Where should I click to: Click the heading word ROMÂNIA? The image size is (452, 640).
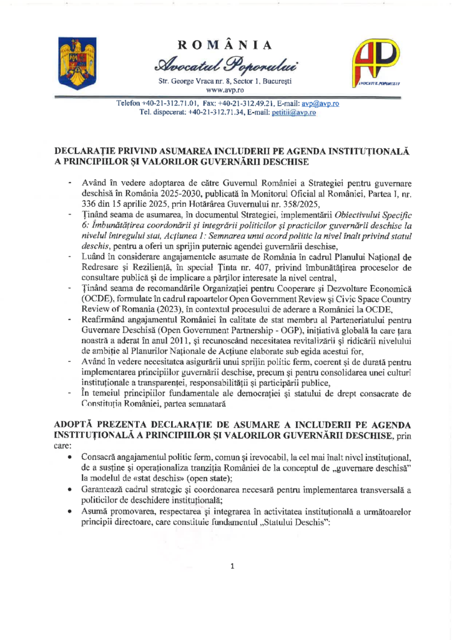click(x=225, y=44)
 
